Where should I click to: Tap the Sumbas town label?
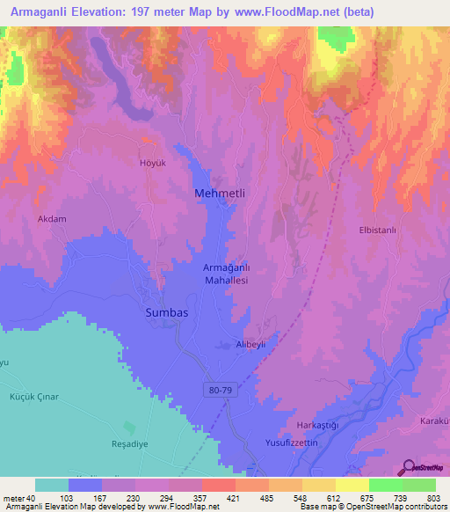pyautogui.click(x=167, y=312)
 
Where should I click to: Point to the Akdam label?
pyautogui.click(x=52, y=218)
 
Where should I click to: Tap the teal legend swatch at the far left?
pyautogui.click(x=51, y=485)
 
